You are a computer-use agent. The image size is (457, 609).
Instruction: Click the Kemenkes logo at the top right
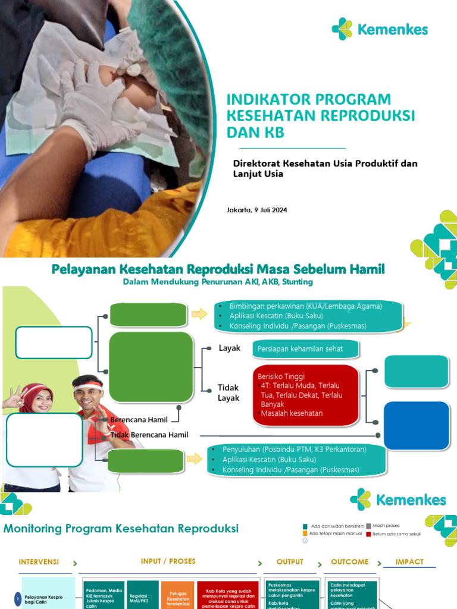[380, 29]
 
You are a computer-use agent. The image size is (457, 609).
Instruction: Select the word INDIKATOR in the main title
[266, 99]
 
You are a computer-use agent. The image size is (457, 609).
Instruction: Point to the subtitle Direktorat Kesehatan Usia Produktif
[325, 163]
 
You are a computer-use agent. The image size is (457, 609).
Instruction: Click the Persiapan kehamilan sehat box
[305, 349]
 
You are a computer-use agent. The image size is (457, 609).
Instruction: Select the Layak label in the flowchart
[229, 348]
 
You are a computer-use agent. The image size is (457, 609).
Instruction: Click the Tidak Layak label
[228, 393]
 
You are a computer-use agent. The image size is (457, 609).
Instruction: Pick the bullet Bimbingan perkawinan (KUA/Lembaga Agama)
[306, 306]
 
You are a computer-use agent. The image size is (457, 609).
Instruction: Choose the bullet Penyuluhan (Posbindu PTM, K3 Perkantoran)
[295, 449]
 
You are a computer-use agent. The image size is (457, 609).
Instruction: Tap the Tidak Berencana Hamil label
[149, 435]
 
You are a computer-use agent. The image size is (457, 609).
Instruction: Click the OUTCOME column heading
[349, 561]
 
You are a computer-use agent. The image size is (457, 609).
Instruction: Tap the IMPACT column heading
[409, 561]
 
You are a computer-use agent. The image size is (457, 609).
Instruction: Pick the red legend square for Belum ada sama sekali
[369, 534]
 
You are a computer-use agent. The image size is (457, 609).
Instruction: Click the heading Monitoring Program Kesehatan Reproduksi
[121, 528]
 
